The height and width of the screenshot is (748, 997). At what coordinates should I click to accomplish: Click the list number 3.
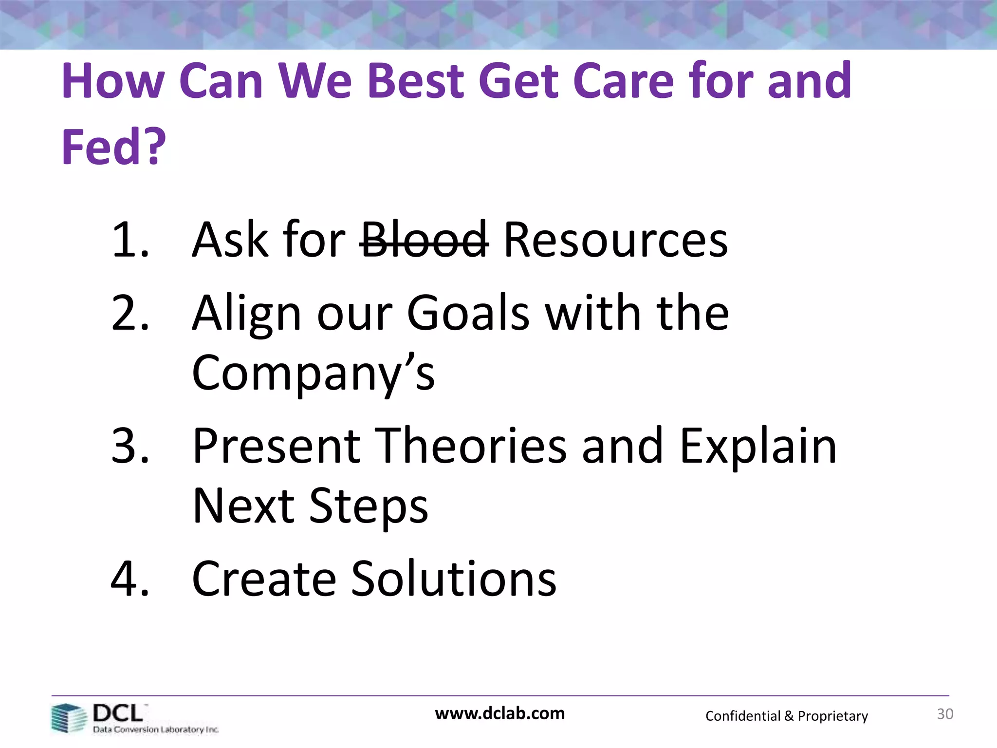(129, 446)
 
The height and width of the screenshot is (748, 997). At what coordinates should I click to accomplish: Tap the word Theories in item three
(472, 446)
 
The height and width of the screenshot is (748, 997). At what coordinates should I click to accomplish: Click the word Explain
(757, 446)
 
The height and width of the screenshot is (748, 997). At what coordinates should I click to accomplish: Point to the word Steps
(369, 506)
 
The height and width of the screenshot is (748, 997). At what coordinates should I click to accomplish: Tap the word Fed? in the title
(114, 147)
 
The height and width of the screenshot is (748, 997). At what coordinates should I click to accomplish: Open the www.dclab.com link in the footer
(499, 713)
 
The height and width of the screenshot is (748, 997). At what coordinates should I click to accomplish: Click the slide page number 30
(945, 714)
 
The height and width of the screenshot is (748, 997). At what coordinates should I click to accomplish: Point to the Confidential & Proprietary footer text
(786, 716)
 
